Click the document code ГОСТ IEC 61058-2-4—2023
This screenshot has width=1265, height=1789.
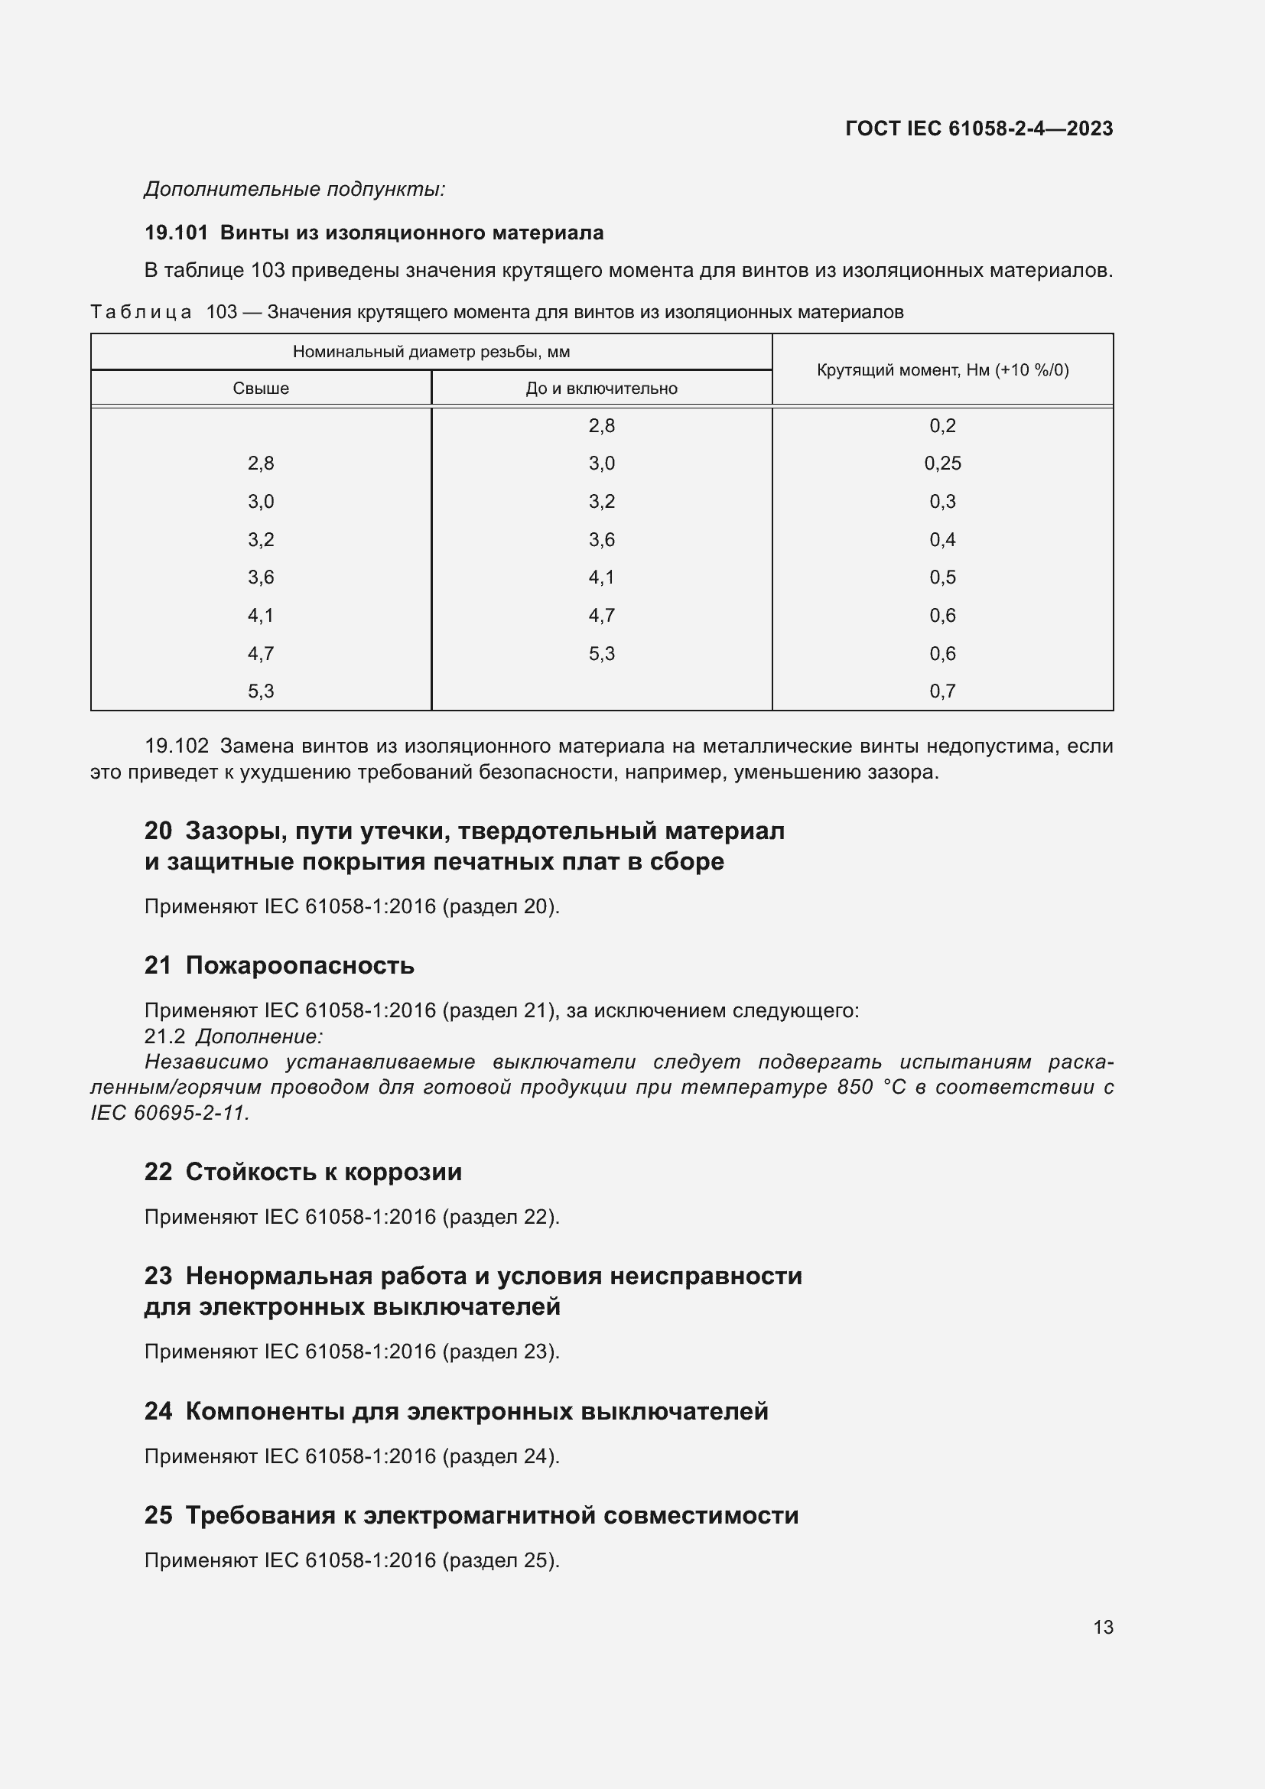978,128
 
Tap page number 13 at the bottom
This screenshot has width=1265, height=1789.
1103,1627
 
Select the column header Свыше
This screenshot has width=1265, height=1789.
261,388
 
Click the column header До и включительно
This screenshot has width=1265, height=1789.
601,388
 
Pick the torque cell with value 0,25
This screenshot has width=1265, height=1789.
942,464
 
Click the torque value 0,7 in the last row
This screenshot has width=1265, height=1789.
942,691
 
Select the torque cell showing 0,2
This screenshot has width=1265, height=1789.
942,425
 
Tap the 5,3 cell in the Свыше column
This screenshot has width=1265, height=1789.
261,691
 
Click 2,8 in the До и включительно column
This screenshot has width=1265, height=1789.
601,425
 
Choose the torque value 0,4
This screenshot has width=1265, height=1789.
942,539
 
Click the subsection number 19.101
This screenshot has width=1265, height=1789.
176,233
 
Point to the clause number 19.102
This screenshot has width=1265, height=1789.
177,747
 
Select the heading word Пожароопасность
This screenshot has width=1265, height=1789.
300,966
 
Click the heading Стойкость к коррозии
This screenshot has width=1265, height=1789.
324,1173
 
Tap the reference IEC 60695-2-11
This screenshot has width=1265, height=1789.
169,1114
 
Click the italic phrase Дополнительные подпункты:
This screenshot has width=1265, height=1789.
294,190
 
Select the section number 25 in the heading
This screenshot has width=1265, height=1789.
158,1515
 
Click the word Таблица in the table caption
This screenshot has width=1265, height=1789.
141,313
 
